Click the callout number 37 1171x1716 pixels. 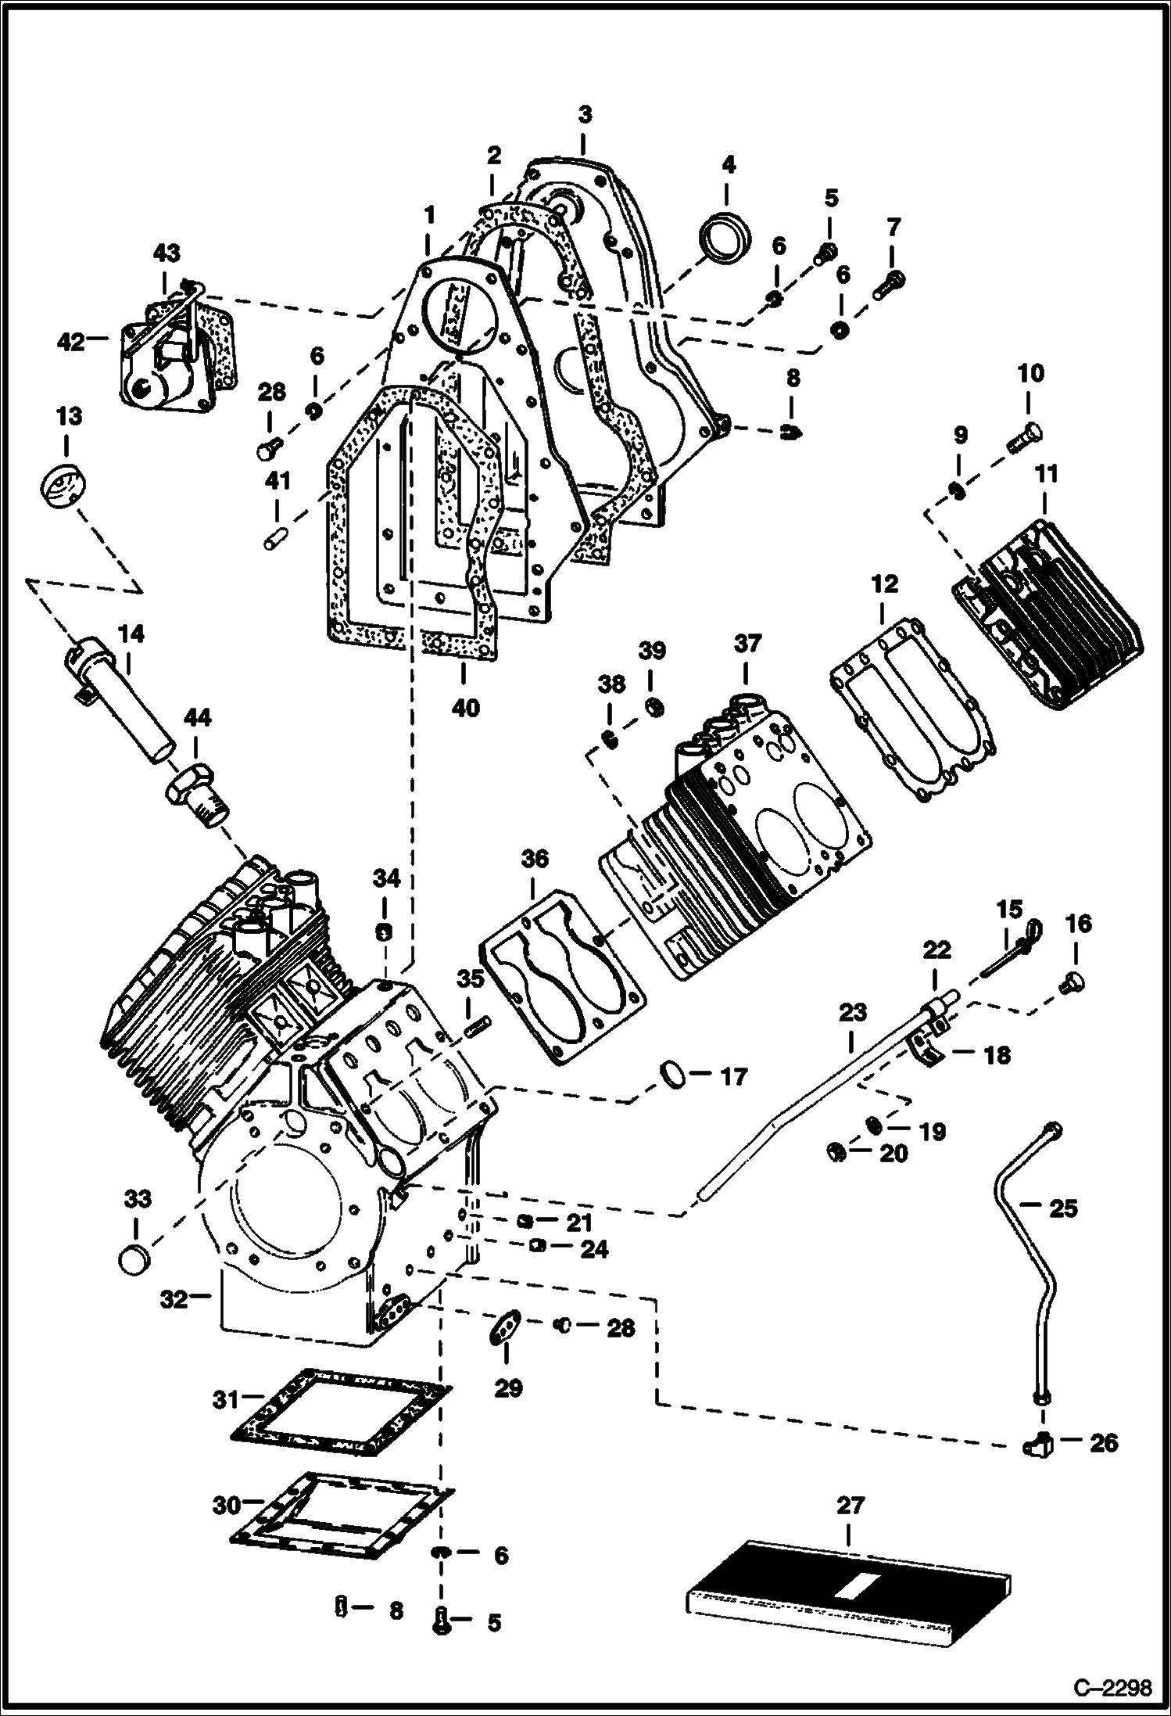pos(747,644)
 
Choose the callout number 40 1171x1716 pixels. pos(465,709)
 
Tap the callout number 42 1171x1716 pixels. pos(71,343)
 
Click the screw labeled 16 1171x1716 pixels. pos(1071,984)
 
